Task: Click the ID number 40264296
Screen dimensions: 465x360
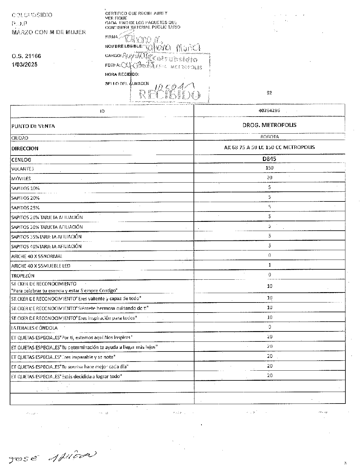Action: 269,111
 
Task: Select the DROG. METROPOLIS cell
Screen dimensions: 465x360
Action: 269,125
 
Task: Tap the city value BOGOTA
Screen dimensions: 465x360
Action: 269,137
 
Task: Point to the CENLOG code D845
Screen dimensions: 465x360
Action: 269,159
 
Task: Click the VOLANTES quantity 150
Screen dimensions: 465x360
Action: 269,168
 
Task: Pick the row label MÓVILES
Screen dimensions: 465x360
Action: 21,179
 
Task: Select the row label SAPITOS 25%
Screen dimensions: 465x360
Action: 25,208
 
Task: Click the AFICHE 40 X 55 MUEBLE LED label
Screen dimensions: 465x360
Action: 41,266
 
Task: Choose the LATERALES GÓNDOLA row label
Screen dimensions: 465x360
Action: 34,328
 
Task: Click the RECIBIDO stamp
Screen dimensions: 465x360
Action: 170,95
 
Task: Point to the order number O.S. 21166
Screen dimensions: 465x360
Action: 26,56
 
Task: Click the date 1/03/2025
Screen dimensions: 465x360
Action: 24,65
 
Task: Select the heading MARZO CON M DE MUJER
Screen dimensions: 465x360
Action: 49,32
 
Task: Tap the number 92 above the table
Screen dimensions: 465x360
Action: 269,93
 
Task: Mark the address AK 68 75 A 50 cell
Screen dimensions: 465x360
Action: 269,147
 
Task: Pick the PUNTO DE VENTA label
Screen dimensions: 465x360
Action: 33,126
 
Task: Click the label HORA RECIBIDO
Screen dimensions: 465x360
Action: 122,74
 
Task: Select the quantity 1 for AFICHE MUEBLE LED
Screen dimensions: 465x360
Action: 270,265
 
